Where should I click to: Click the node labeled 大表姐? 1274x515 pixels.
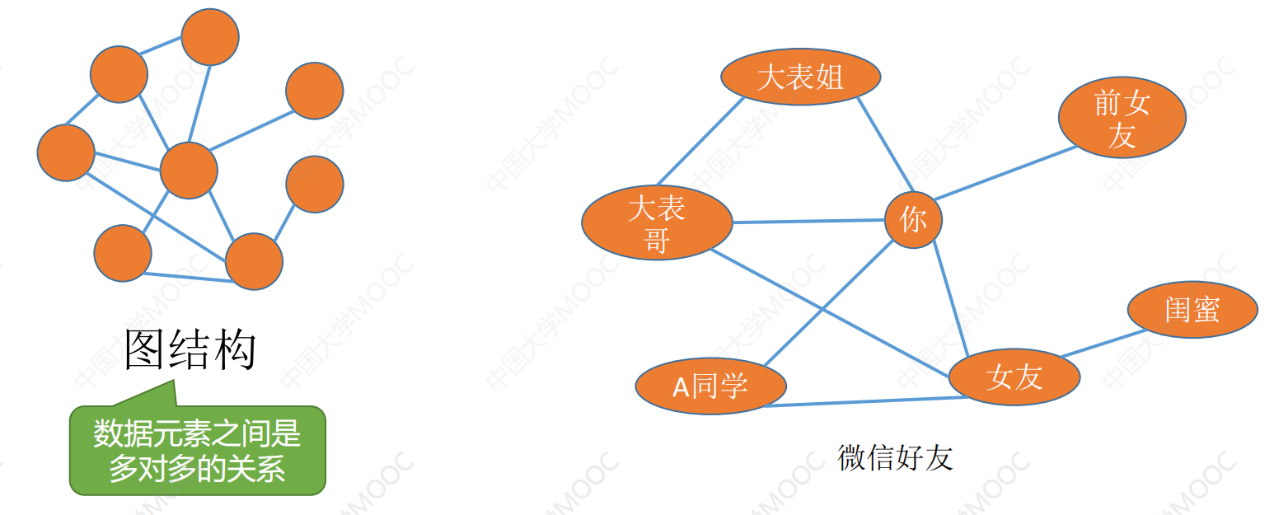[800, 77]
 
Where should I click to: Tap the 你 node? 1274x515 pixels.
[913, 219]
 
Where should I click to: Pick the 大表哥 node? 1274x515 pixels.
[657, 222]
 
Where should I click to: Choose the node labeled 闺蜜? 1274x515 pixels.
[1192, 310]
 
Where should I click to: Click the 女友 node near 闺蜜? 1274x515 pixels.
[1014, 377]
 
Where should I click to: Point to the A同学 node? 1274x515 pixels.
[710, 386]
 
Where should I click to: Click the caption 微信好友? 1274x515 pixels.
[895, 457]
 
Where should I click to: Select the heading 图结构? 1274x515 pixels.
[190, 350]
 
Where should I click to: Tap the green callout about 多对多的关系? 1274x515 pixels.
[197, 449]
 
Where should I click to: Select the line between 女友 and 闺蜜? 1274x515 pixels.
[1103, 344]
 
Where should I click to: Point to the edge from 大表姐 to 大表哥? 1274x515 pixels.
[700, 142]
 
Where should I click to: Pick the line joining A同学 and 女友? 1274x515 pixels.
[865, 401]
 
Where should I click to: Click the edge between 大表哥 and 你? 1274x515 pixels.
[808, 221]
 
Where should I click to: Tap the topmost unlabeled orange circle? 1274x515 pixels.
[210, 36]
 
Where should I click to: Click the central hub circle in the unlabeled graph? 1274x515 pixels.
[189, 170]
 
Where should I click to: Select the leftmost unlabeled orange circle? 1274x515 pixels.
[66, 152]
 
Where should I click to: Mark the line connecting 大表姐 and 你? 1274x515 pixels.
[884, 144]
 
